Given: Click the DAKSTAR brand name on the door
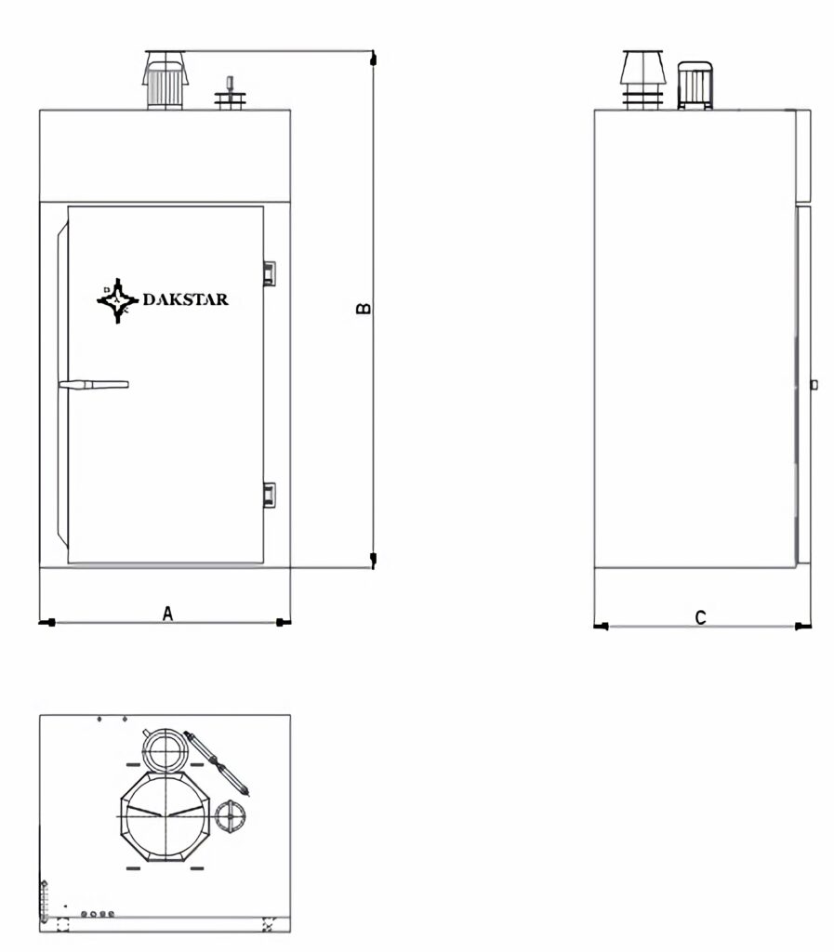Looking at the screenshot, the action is click(186, 298).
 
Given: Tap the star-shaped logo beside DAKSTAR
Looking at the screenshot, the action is click(118, 300).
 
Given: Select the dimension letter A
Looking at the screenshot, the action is click(168, 614).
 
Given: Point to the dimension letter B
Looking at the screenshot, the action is click(364, 309).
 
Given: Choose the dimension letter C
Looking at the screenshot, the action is click(700, 617).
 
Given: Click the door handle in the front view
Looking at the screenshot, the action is click(94, 384).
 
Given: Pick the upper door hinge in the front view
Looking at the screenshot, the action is click(270, 273).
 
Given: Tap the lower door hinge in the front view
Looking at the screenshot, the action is click(270, 495).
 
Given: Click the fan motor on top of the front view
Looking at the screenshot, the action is click(165, 81).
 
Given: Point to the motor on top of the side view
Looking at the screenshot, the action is click(695, 86).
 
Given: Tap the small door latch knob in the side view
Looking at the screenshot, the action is click(814, 384).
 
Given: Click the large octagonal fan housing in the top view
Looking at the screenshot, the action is click(165, 816).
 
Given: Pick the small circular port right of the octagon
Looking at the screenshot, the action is click(232, 816).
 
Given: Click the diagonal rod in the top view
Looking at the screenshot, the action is click(217, 762).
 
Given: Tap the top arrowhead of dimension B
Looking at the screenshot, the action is click(373, 59).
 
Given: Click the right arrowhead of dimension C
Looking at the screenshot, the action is click(803, 626).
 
